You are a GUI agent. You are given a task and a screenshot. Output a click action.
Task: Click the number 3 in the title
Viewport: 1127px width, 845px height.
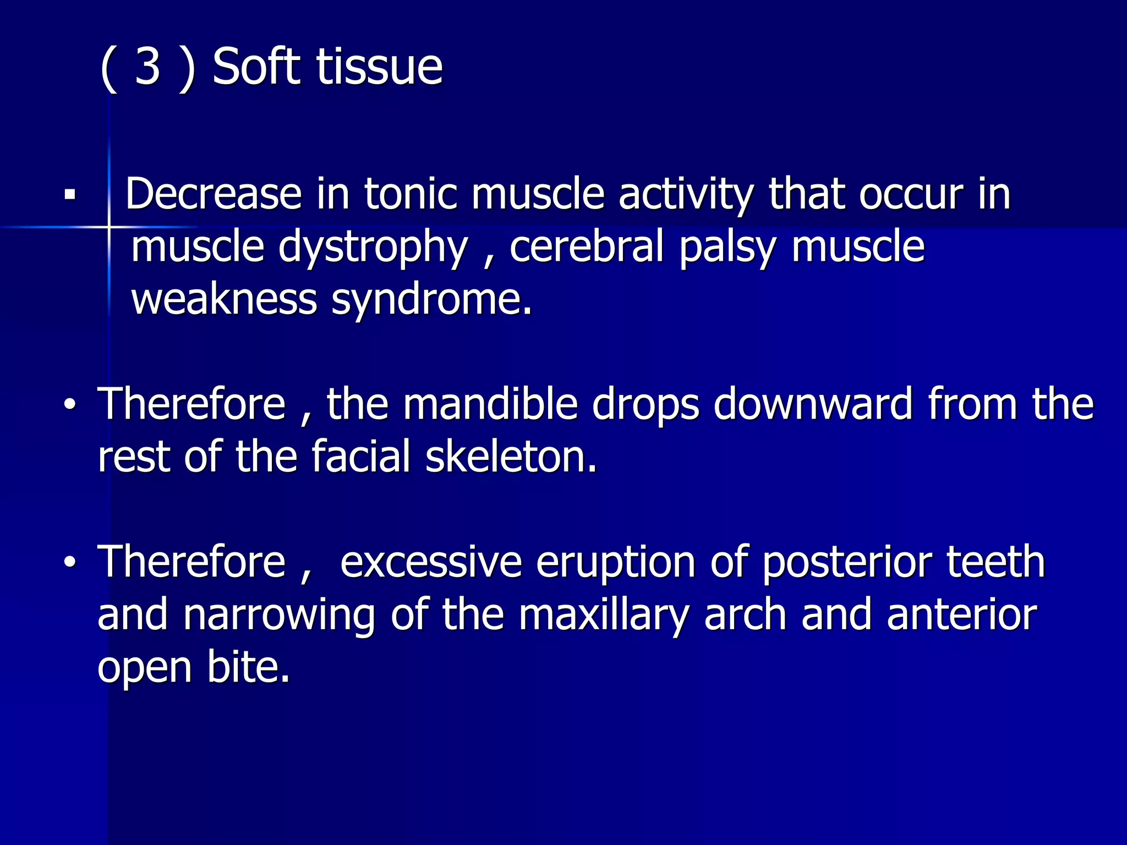tap(147, 67)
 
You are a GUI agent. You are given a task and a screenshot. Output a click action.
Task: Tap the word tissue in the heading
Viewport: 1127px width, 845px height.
tap(379, 67)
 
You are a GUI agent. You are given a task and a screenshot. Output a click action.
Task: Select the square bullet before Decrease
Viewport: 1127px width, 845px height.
tap(69, 195)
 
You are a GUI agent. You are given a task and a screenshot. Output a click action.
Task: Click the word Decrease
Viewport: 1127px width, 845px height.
tap(214, 194)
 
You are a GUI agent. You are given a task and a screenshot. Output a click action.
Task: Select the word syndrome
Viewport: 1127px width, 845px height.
tap(432, 300)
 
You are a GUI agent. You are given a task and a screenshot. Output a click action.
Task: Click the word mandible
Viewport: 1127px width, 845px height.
tap(490, 404)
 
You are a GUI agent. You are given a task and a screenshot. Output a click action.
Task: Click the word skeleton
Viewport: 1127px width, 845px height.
tap(511, 457)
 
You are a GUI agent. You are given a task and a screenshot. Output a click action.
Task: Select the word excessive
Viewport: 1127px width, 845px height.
tap(431, 562)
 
